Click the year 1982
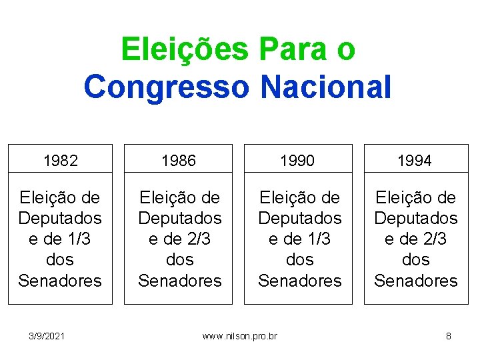coord(60,161)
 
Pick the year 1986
coord(179,161)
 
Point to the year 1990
coord(298,161)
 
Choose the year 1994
coord(415,161)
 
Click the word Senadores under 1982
coord(60,281)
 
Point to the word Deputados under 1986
coord(179,218)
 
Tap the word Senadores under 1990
coord(299,281)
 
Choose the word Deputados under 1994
coord(415,218)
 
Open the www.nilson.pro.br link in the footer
coord(240,336)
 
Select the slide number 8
coord(449,336)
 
